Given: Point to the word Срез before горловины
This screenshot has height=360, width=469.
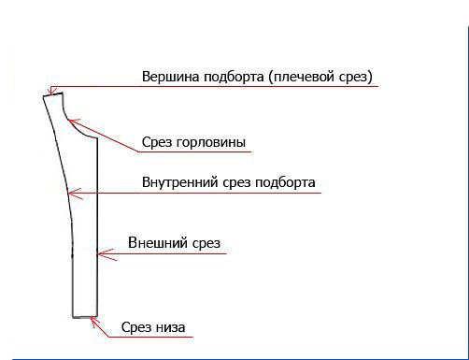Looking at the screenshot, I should click(158, 143).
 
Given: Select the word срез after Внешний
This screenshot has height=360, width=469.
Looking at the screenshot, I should click(203, 244).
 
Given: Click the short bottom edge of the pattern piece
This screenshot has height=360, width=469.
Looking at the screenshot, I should click(85, 318).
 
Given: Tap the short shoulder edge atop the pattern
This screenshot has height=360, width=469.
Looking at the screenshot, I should click(52, 93).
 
